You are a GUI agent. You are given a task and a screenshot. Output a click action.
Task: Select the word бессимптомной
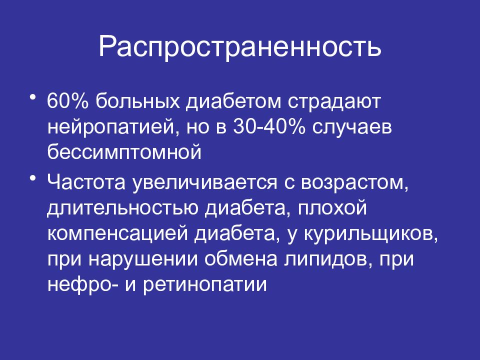coord(124,150)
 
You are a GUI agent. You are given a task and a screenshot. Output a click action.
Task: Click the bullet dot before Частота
coord(33,178)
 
